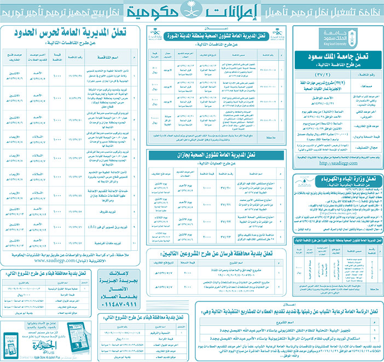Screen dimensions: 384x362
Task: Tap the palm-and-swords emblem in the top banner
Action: coord(190,10)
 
